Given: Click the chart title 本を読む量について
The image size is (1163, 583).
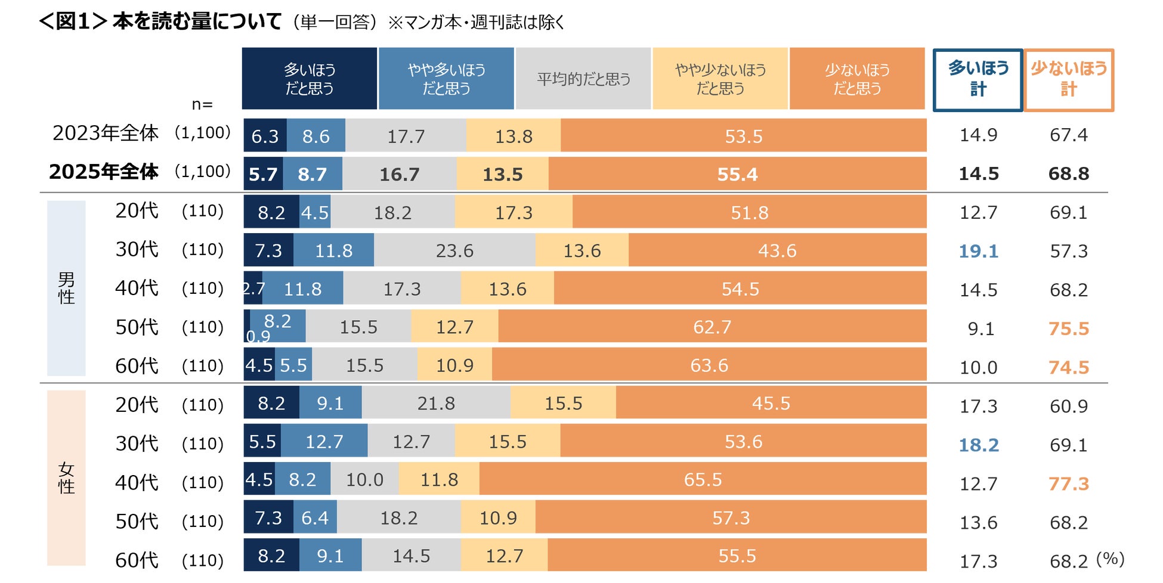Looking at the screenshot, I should pos(197,21).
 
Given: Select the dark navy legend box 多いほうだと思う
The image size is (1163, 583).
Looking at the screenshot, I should pos(309,79).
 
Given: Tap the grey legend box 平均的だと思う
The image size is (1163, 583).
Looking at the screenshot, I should pos(583,79).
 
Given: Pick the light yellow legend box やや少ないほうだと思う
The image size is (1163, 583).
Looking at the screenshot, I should pos(720,79).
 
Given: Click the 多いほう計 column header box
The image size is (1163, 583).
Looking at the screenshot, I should pos(978,80).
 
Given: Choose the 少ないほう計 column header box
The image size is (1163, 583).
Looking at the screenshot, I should pos(1068,80).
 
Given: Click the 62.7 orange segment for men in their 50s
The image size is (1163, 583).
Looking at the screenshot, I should pos(712,327).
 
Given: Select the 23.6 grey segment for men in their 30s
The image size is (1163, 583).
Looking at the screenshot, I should pos(454,250).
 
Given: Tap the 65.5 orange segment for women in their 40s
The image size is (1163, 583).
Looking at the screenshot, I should pos(703,479).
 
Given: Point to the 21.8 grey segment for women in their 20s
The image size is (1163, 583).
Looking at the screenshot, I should pos(436,403).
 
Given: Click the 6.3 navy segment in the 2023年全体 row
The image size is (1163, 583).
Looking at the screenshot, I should pos(265,136).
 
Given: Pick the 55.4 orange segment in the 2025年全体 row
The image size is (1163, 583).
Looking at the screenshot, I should pos(737,174).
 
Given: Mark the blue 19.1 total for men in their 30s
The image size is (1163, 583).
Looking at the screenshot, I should pos(978,251).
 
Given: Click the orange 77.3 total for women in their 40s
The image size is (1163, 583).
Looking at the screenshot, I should pos(1068,483).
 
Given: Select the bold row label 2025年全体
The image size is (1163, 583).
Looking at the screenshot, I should pos(104,172).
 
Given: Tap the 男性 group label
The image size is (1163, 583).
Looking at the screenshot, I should pos(66,288).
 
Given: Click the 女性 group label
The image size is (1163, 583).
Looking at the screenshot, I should pos(66,478).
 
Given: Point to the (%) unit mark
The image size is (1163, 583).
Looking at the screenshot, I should pos(1110,559).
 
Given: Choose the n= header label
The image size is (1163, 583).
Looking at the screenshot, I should pos(202,104).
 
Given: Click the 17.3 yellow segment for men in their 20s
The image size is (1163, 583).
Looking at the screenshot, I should pos(514,212).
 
